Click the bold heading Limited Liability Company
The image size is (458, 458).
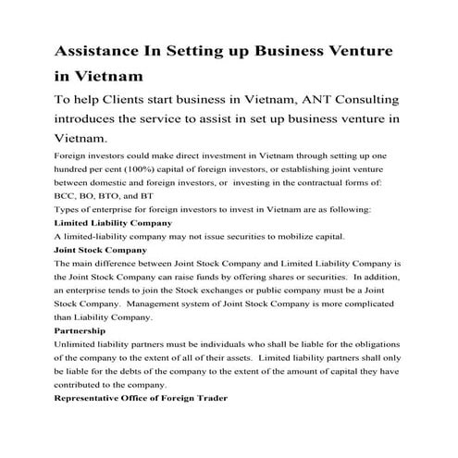[113, 223]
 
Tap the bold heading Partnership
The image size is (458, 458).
[80, 330]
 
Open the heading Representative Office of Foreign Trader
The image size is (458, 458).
[142, 398]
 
